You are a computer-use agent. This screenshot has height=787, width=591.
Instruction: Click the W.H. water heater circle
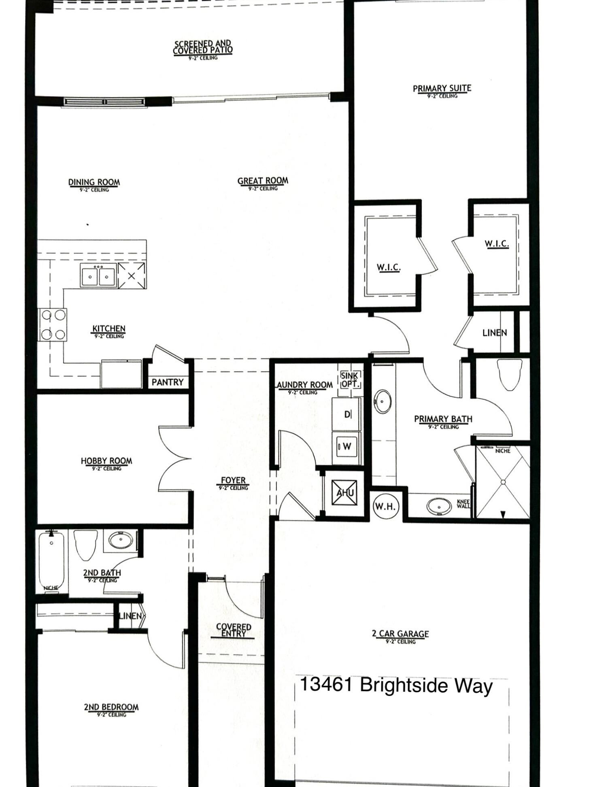(x=385, y=506)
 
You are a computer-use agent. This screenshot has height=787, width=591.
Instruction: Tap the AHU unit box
(x=344, y=492)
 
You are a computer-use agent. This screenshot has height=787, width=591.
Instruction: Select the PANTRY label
(x=167, y=382)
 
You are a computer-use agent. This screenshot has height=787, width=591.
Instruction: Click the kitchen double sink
(x=98, y=276)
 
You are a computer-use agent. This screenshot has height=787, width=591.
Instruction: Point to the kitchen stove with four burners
(x=53, y=325)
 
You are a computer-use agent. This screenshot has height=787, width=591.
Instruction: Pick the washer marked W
(x=347, y=446)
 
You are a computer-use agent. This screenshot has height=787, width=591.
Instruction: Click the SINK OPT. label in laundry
(x=349, y=380)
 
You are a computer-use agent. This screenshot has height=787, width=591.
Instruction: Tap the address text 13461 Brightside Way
(x=396, y=685)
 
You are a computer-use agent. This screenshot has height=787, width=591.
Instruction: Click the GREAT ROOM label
(x=263, y=181)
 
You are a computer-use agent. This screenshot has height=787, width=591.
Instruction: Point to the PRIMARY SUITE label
(x=442, y=88)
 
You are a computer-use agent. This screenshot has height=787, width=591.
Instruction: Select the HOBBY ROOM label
(x=106, y=461)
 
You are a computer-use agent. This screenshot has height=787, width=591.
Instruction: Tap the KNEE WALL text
(x=463, y=504)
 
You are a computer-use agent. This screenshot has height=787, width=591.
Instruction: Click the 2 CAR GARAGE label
(x=400, y=634)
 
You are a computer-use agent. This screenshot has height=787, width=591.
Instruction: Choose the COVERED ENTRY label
(x=233, y=630)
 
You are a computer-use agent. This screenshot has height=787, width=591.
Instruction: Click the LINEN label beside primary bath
(x=494, y=333)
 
